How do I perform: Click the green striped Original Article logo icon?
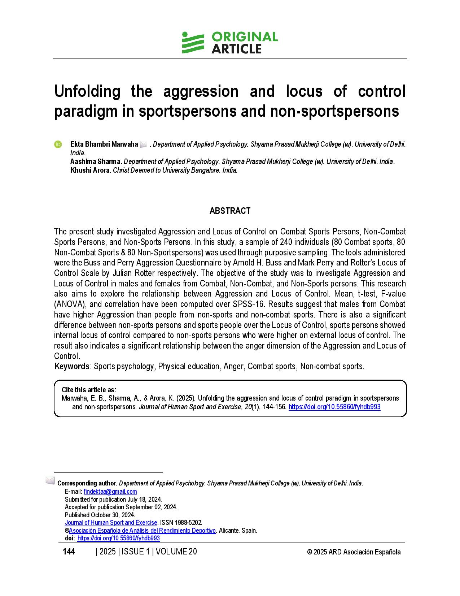point(193,43)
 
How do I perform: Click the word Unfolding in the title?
point(87,91)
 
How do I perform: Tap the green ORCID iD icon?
point(58,144)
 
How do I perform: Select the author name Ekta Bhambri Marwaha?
point(104,144)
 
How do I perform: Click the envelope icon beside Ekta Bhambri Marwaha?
point(143,144)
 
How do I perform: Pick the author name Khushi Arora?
point(90,170)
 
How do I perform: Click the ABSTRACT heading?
point(230,211)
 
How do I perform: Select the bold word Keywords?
point(72,366)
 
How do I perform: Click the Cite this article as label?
point(89,390)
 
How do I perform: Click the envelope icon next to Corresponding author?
point(50,481)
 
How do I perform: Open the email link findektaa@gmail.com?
point(110,492)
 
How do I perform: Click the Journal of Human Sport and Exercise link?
point(111,523)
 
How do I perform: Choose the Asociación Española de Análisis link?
point(142,531)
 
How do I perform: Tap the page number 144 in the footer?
point(69,552)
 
